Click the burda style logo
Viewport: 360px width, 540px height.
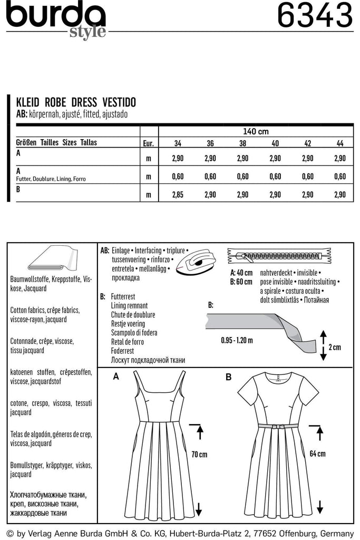click(56, 20)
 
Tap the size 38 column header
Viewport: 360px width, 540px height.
click(242, 143)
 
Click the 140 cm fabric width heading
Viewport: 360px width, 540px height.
click(256, 131)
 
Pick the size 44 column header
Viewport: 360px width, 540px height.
click(340, 143)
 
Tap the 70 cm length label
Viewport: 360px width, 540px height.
click(200, 454)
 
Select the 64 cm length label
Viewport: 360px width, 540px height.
click(318, 454)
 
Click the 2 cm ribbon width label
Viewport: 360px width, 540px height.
click(334, 347)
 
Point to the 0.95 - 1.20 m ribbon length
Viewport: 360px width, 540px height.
click(237, 340)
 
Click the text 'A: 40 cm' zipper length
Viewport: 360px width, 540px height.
click(241, 273)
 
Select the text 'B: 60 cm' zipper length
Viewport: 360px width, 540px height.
click(241, 282)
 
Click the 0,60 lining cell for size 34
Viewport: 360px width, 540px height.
click(181, 177)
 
